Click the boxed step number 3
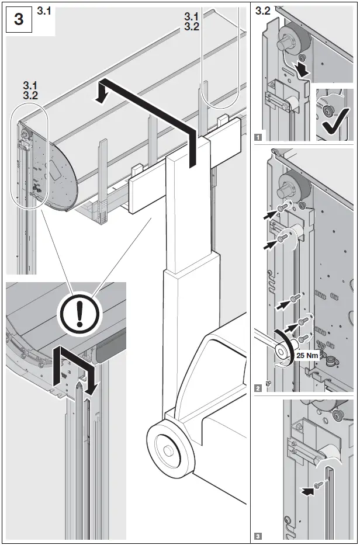19,19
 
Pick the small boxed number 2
258,387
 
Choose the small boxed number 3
258,535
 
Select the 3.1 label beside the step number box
44,10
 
